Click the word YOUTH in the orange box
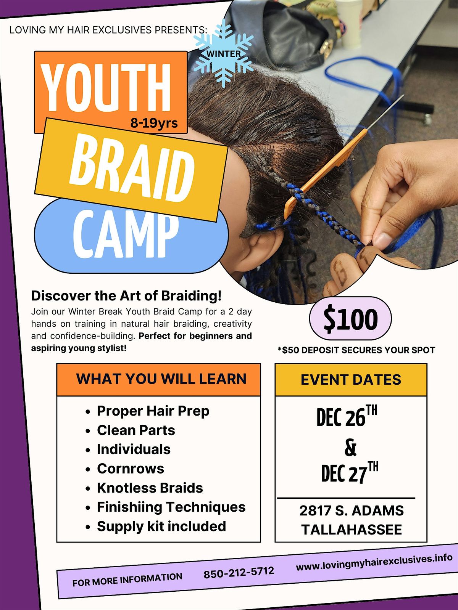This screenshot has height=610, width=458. coord(106,88)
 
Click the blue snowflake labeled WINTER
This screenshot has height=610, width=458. coord(224,54)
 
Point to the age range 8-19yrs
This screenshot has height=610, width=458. coord(154,123)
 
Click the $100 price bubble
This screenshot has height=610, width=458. coord(350,319)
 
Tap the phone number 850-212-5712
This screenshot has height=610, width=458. coord(239,572)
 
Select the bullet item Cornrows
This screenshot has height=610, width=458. coord(131,469)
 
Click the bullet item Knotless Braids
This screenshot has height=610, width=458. coord(150,488)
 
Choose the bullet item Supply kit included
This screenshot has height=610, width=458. coord(161,527)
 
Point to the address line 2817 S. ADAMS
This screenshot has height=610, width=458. coord(351,510)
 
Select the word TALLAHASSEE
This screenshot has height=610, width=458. coord(352,530)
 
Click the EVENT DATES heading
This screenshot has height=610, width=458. coord(351,380)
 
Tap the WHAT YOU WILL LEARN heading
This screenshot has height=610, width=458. coord(161,379)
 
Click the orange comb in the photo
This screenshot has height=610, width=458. coord(324,173)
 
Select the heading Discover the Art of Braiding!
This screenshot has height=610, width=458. coord(126,295)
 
